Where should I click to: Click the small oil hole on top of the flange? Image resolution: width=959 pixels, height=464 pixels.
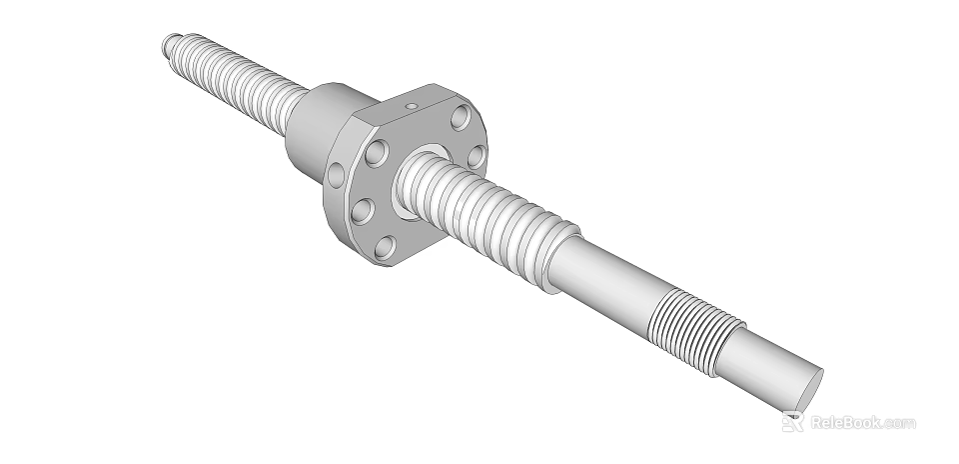pos(409,104)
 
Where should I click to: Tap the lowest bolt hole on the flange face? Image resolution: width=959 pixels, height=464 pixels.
pos(384,245)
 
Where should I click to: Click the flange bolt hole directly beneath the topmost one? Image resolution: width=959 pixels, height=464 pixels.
pos(477,156)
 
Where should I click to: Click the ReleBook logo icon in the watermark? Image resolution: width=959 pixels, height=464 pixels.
pos(792,422)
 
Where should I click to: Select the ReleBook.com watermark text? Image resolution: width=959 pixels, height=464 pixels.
pos(862,422)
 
